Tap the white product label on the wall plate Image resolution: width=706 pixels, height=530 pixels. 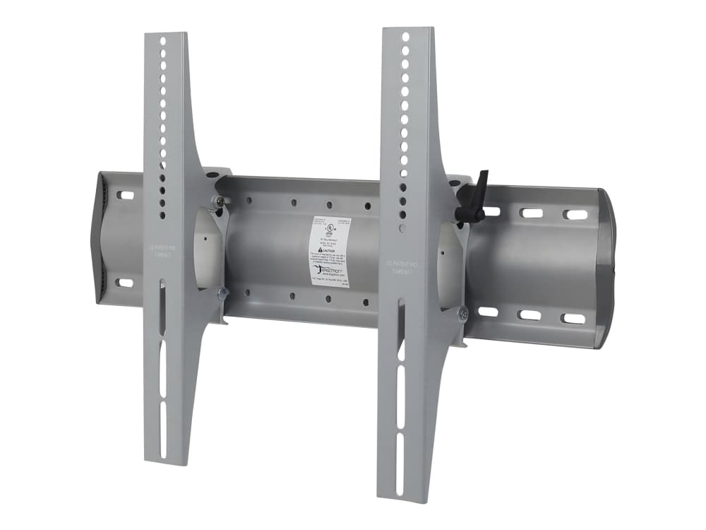click(x=333, y=251)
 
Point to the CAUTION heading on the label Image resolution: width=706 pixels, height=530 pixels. click(x=332, y=241)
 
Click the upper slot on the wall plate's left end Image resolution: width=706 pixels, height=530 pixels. click(x=125, y=196)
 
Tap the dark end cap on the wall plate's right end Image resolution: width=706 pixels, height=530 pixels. click(x=606, y=269)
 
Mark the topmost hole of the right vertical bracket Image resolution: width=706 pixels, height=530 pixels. click(x=406, y=37)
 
